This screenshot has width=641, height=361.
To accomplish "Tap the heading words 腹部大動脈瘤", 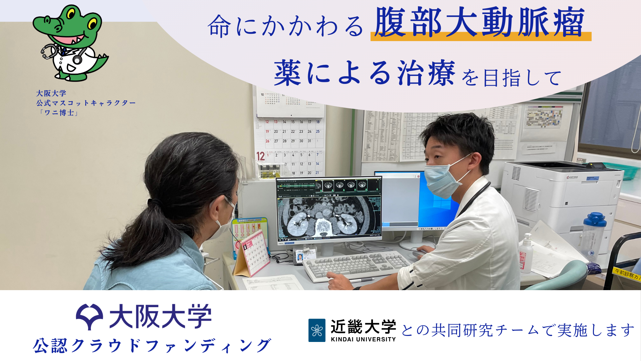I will [479, 23].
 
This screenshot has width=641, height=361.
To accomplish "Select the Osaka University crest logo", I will [89, 316].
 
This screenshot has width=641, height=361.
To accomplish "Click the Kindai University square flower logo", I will [316, 330].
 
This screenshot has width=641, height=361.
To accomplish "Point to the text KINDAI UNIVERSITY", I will [363, 339].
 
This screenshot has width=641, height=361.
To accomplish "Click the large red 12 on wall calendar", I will [260, 156].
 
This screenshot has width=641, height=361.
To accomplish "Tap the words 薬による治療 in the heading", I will [364, 73].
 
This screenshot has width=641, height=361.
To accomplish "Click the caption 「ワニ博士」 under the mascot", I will [58, 113].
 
